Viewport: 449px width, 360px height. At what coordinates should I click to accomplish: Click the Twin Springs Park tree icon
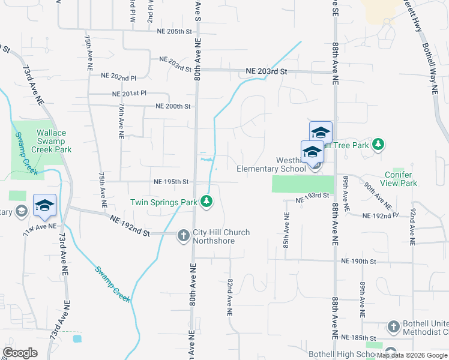[x=206, y=201]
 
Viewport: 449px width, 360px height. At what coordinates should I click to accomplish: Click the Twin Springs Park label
[x=165, y=203]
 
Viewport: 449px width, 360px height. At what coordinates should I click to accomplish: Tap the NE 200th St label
[x=173, y=106]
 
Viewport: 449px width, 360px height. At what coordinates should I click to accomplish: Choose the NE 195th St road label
[x=171, y=181]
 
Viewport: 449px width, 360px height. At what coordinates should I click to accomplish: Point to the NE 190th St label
[x=358, y=262]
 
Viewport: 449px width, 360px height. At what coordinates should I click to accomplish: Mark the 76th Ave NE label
[x=121, y=120]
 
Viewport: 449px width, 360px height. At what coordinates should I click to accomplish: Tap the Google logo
[x=20, y=352]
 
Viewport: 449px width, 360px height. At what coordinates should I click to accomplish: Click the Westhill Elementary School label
[x=271, y=165]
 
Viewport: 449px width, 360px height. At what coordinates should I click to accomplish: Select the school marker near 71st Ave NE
[x=44, y=206]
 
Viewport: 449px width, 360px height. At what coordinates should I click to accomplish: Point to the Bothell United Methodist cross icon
[x=393, y=326]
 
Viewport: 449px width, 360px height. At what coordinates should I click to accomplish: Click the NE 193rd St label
[x=313, y=196]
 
